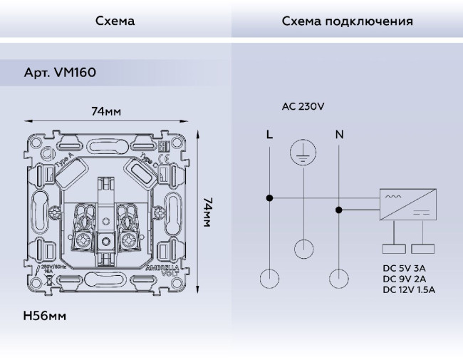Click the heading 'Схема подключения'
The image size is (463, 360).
(x=347, y=21)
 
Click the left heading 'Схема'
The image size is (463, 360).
(x=115, y=21)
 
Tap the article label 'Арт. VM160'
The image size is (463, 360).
(x=60, y=73)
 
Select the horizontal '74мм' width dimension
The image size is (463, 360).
(x=106, y=112)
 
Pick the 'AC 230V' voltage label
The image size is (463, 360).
(x=303, y=107)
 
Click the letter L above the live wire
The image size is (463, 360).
(x=269, y=133)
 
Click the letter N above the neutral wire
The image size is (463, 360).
(x=338, y=133)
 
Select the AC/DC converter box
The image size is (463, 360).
(x=406, y=204)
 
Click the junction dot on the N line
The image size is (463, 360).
(x=339, y=210)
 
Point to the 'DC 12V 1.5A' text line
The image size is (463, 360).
(x=408, y=289)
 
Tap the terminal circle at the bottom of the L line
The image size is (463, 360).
(x=269, y=278)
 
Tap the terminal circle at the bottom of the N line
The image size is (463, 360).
(x=339, y=278)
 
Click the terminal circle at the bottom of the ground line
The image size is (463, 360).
(x=304, y=248)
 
